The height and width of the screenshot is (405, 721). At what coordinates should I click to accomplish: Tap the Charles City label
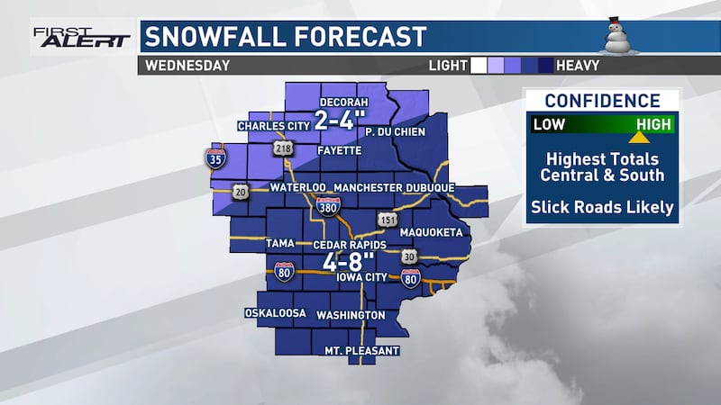[x=273, y=125]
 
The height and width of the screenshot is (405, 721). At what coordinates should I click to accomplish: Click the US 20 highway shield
[x=241, y=192]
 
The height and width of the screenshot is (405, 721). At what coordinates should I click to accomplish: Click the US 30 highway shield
[x=409, y=257]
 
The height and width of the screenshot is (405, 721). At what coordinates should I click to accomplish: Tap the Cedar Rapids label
[x=350, y=245]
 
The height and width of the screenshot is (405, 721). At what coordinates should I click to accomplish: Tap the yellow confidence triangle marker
[x=639, y=138]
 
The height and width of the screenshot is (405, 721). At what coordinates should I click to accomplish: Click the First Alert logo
[x=81, y=36]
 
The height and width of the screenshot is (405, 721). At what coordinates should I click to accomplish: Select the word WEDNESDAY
[x=187, y=65]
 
